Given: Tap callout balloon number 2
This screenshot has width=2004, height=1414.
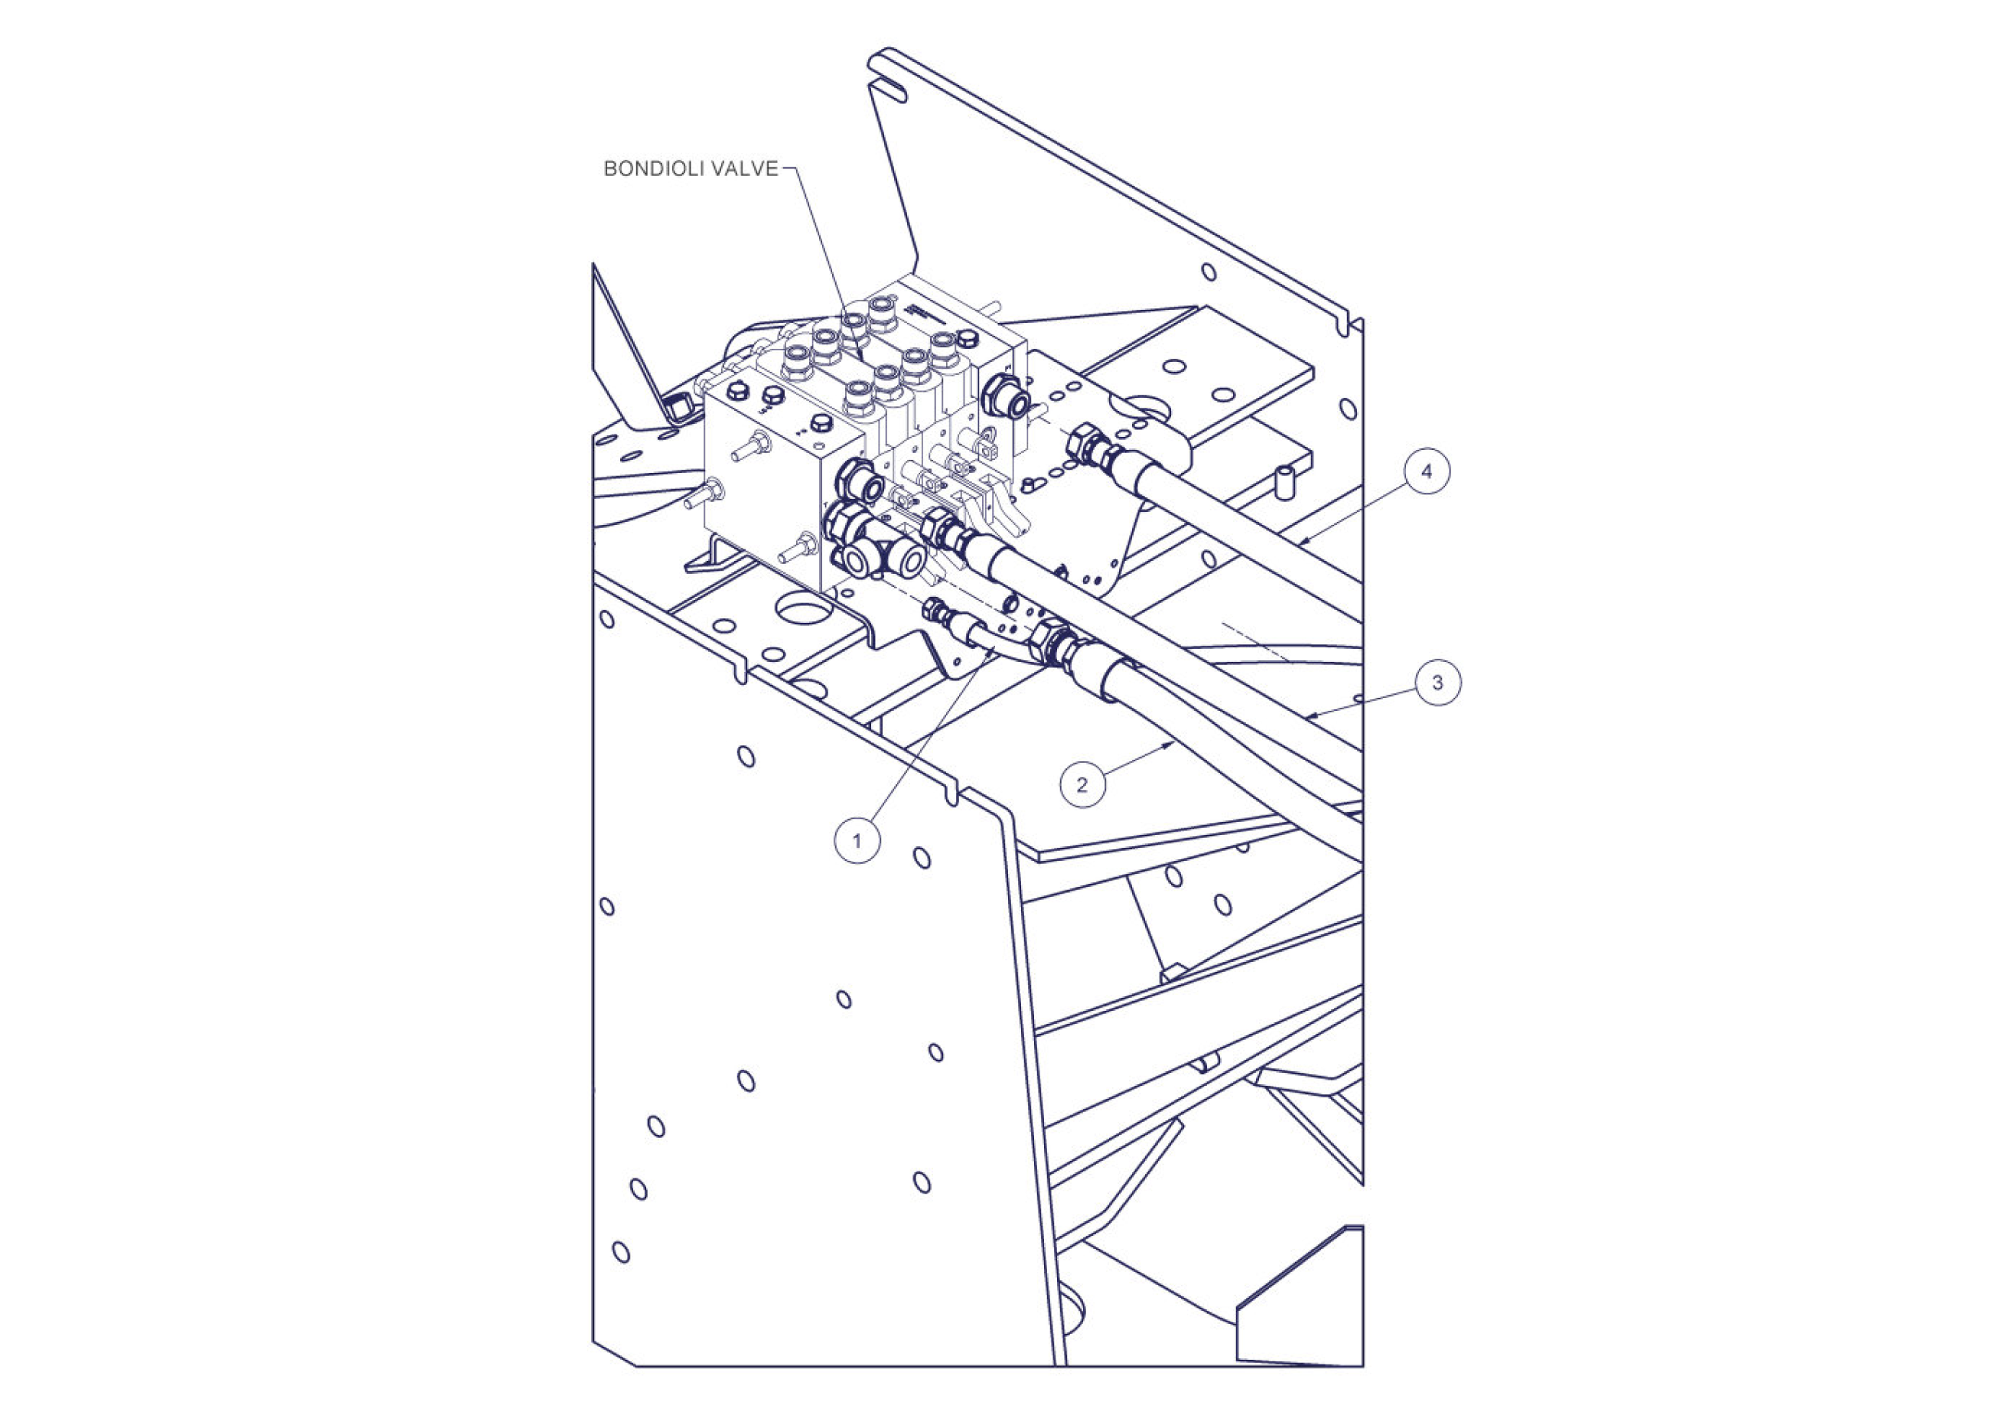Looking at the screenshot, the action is [x=1082, y=785].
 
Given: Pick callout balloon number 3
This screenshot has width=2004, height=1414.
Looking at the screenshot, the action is [x=1438, y=683].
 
